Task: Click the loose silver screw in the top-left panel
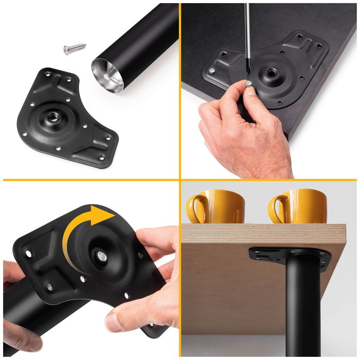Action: [75, 50]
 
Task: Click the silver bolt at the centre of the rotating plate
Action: [101, 256]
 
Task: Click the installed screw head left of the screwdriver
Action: [211, 70]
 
